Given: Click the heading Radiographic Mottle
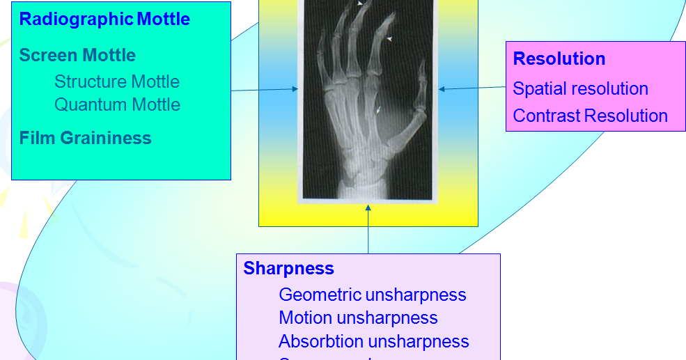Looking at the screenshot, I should tap(104, 19).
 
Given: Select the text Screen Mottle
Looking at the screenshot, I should tap(77, 55).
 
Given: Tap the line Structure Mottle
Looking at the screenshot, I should tap(117, 81).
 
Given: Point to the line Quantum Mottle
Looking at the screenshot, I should tap(117, 104).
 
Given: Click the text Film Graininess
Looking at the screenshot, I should tap(85, 138).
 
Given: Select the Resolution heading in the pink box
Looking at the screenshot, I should tap(559, 58).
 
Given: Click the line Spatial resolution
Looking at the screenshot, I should tap(580, 88).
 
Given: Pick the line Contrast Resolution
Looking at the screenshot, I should tap(590, 116).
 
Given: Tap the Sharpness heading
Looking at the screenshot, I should tap(288, 268).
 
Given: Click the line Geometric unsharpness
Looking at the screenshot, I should tap(372, 295).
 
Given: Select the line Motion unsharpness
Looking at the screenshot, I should tap(358, 318).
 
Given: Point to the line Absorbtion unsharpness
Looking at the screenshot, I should tap(373, 341).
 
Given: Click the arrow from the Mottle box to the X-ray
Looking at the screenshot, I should tap(265, 90).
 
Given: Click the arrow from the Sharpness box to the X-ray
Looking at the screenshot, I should tap(368, 230).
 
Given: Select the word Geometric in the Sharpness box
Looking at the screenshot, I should tap(319, 295).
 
